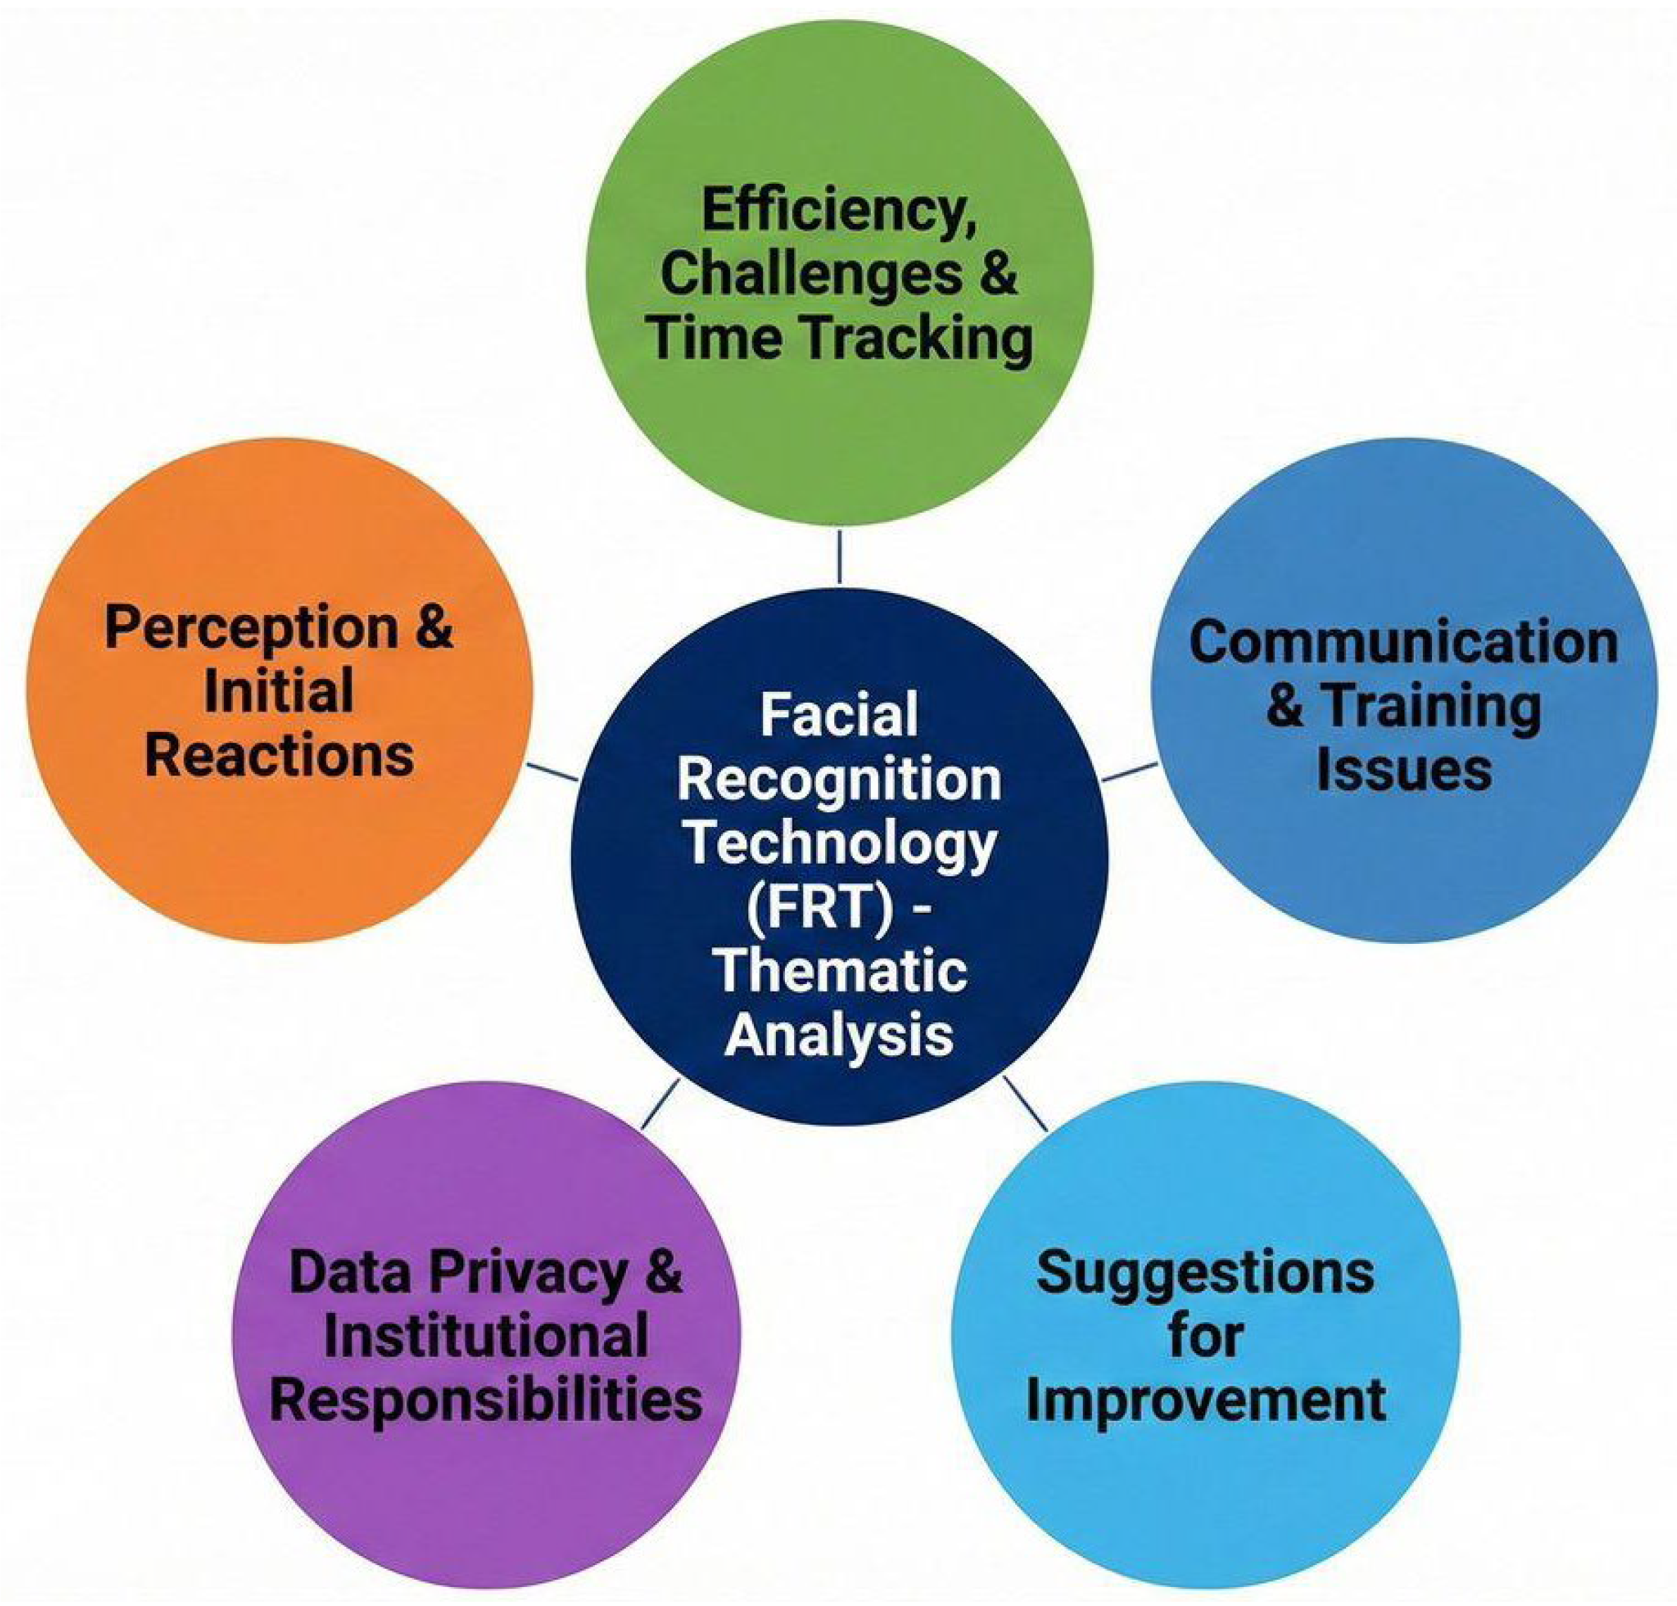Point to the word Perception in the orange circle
[251, 629]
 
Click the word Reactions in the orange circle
[279, 757]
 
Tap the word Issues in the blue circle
[1404, 768]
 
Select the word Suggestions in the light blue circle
[1205, 1272]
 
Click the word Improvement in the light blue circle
[1205, 1400]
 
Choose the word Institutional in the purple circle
[485, 1336]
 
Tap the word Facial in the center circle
[838, 716]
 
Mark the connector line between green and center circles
[839, 557]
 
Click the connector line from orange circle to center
[553, 771]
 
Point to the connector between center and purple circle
[660, 1102]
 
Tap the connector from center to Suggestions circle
[1024, 1104]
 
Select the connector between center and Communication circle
[1129, 770]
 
